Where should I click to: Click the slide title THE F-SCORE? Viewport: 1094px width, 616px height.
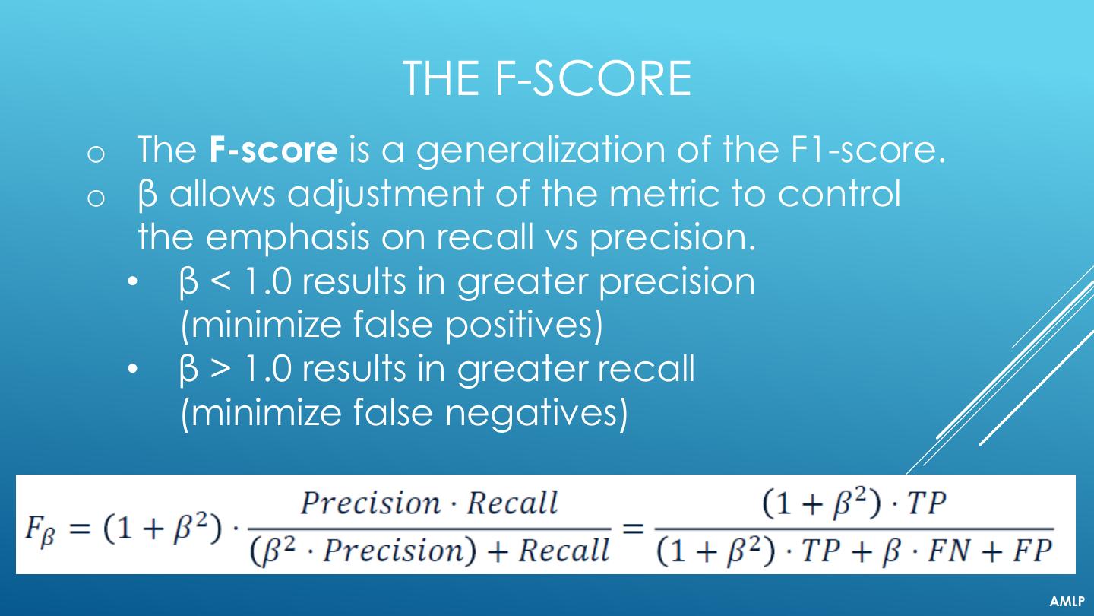[547, 79]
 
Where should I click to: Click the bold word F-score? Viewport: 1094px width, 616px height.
[273, 149]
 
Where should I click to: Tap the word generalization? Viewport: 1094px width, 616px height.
[540, 151]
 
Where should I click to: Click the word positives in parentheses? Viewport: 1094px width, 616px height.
[519, 326]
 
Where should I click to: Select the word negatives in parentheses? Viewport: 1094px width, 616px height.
[531, 414]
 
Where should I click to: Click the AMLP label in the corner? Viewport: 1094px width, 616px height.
[1067, 602]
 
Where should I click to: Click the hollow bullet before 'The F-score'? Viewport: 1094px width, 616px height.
[96, 154]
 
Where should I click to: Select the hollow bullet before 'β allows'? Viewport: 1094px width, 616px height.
[96, 198]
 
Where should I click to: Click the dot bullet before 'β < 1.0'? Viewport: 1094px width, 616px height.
[133, 282]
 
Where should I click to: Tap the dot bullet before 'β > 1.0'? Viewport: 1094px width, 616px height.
[133, 369]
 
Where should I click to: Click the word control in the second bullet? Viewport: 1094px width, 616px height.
[839, 193]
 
